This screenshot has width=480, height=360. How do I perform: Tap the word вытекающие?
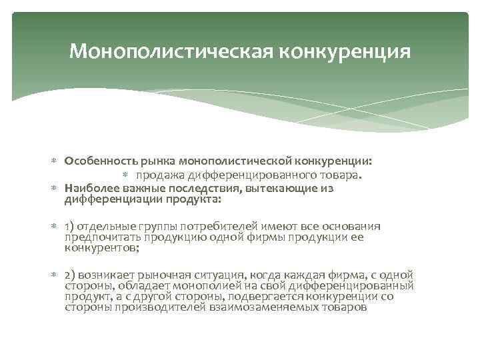tap(263, 189)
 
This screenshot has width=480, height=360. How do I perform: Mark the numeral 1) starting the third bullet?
tap(70, 226)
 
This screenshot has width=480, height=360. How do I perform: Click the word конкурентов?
tap(99, 249)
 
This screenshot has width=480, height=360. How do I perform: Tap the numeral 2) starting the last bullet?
tap(71, 275)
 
